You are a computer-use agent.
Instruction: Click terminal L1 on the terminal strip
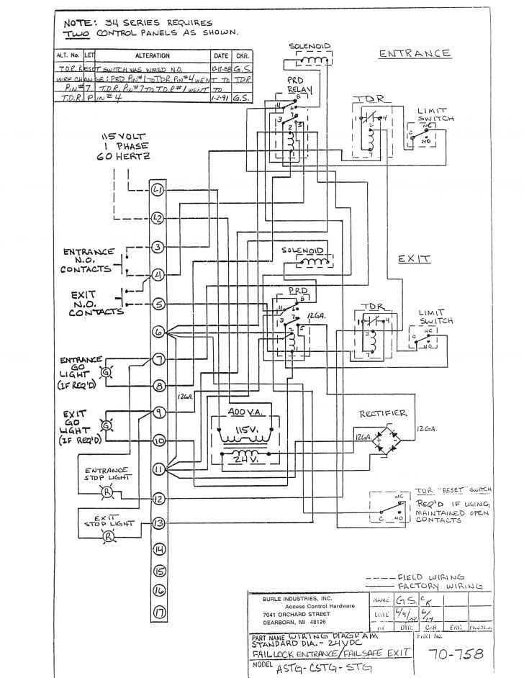tap(158, 190)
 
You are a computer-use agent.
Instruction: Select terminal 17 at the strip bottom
tap(158, 613)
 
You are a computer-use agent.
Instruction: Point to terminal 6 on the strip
tap(158, 332)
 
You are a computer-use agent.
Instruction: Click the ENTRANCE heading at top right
tap(415, 53)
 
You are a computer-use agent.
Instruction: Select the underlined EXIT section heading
tap(413, 257)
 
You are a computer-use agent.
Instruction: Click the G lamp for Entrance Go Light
tap(106, 373)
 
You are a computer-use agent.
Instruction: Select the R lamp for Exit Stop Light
tap(108, 537)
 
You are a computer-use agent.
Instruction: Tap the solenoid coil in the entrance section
tap(312, 60)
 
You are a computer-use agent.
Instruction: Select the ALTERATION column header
tap(152, 55)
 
